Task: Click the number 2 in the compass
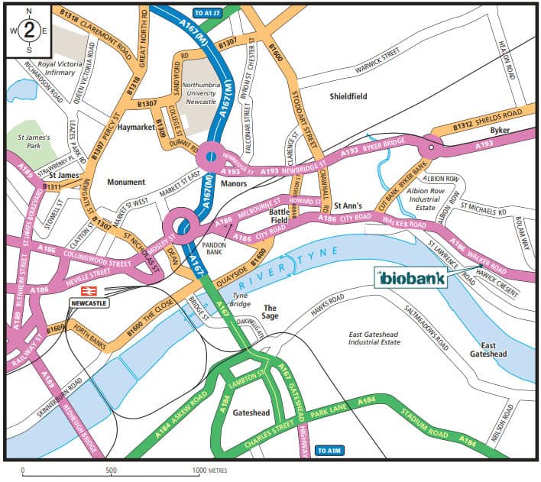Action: coord(29,31)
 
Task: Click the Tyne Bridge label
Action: coord(240,299)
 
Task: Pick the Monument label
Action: coord(125,183)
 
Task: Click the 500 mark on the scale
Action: coord(111,471)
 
